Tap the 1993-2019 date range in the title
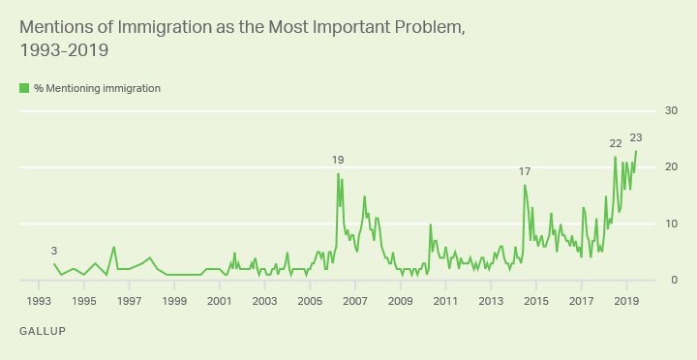[64, 50]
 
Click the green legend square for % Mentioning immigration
[24, 88]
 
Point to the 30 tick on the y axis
[671, 110]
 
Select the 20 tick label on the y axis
[671, 166]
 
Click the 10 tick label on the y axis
[671, 224]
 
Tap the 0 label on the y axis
[674, 280]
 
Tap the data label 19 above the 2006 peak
[338, 160]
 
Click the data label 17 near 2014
[525, 171]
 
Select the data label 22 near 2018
[616, 143]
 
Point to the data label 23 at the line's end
[636, 137]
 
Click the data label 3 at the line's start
[54, 251]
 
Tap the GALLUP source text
[43, 331]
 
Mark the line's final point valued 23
[636, 151]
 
